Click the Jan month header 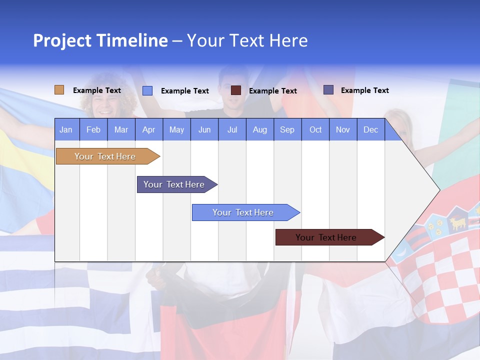point(66,129)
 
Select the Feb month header point(93,129)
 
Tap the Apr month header point(148,129)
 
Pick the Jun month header point(204,129)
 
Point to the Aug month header point(259,129)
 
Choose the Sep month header point(287,129)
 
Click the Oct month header point(315,129)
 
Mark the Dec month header point(370,129)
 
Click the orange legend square point(59,90)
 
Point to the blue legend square point(147,90)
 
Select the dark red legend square point(236,90)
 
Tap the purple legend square point(328,90)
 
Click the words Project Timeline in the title point(100,40)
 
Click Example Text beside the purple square point(364,90)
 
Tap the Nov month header point(343,129)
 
